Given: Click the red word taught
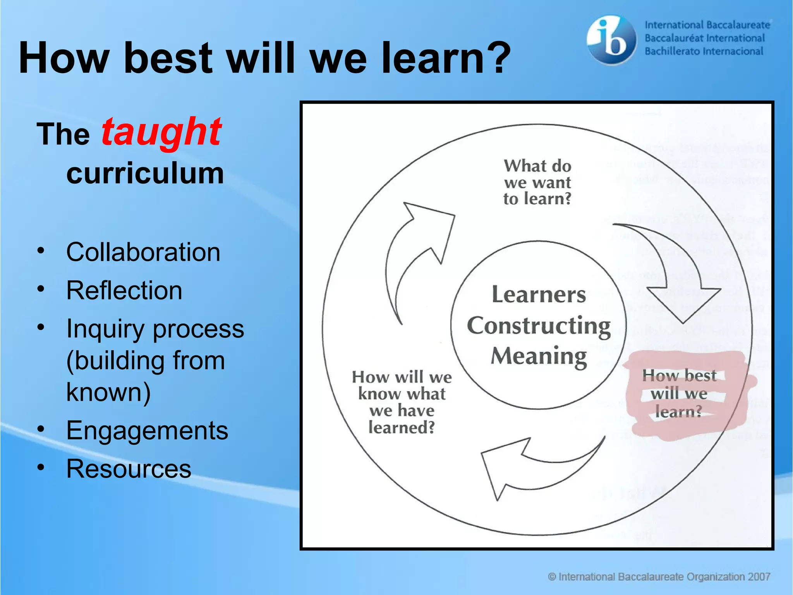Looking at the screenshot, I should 161,132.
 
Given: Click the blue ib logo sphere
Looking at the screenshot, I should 611,40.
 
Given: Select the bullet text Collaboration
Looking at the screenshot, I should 143,252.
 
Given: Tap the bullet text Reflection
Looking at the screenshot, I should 124,291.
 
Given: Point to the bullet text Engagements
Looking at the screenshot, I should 147,430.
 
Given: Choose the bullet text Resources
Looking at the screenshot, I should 129,469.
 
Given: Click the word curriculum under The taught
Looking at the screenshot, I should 145,173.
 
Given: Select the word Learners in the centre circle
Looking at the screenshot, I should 539,295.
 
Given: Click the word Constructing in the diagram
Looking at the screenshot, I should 539,326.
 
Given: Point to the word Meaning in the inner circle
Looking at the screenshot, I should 539,356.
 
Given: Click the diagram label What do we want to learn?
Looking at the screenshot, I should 537,182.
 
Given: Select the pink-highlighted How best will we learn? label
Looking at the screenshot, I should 679,394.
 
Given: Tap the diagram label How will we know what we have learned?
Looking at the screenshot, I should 402,402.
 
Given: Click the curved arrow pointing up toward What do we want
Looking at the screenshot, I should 414,248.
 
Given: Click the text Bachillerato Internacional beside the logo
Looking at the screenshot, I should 704,52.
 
